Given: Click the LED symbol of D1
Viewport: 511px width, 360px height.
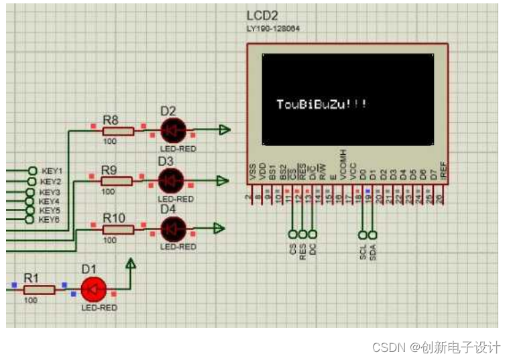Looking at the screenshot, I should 93,290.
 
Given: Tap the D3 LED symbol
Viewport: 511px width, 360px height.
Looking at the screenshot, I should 171,180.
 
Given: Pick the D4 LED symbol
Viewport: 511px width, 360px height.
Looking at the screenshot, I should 173,229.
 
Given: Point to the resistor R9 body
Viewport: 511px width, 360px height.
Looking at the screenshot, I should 116,180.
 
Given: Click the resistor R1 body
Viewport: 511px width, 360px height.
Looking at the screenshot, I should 39,290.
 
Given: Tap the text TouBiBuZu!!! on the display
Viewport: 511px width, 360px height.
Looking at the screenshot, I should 322,104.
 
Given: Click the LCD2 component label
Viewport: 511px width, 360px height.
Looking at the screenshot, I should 262,16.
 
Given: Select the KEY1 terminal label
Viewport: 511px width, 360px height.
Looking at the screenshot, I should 51,171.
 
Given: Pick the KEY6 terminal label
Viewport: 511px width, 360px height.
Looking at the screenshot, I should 49,219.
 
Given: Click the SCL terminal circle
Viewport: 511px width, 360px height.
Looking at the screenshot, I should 363,235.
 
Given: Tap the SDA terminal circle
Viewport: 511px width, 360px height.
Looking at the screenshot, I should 373,235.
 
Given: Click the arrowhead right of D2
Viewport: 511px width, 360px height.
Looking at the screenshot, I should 225,130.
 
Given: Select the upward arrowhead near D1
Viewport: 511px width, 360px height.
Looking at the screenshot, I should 131,265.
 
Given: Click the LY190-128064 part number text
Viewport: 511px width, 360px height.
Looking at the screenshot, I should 274,29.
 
